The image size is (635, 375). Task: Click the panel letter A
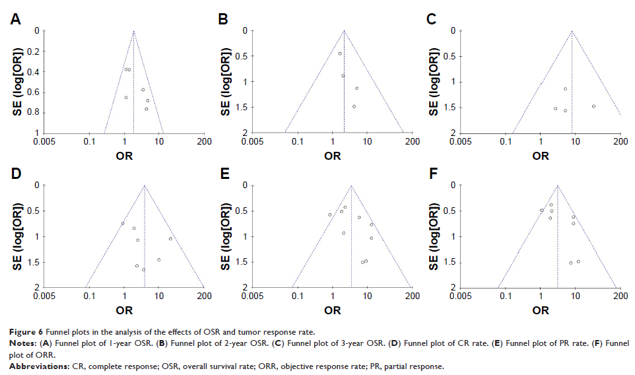15,20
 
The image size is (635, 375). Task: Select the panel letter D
15,174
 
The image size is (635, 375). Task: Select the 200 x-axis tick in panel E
412,296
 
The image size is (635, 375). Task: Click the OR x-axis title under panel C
541,156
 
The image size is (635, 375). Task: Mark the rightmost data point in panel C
593,106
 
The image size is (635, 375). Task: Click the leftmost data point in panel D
123,223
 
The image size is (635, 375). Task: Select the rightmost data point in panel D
170,238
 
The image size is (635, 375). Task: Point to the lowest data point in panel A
147,109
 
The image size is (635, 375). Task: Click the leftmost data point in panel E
330,215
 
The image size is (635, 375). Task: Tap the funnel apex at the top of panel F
558,186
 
